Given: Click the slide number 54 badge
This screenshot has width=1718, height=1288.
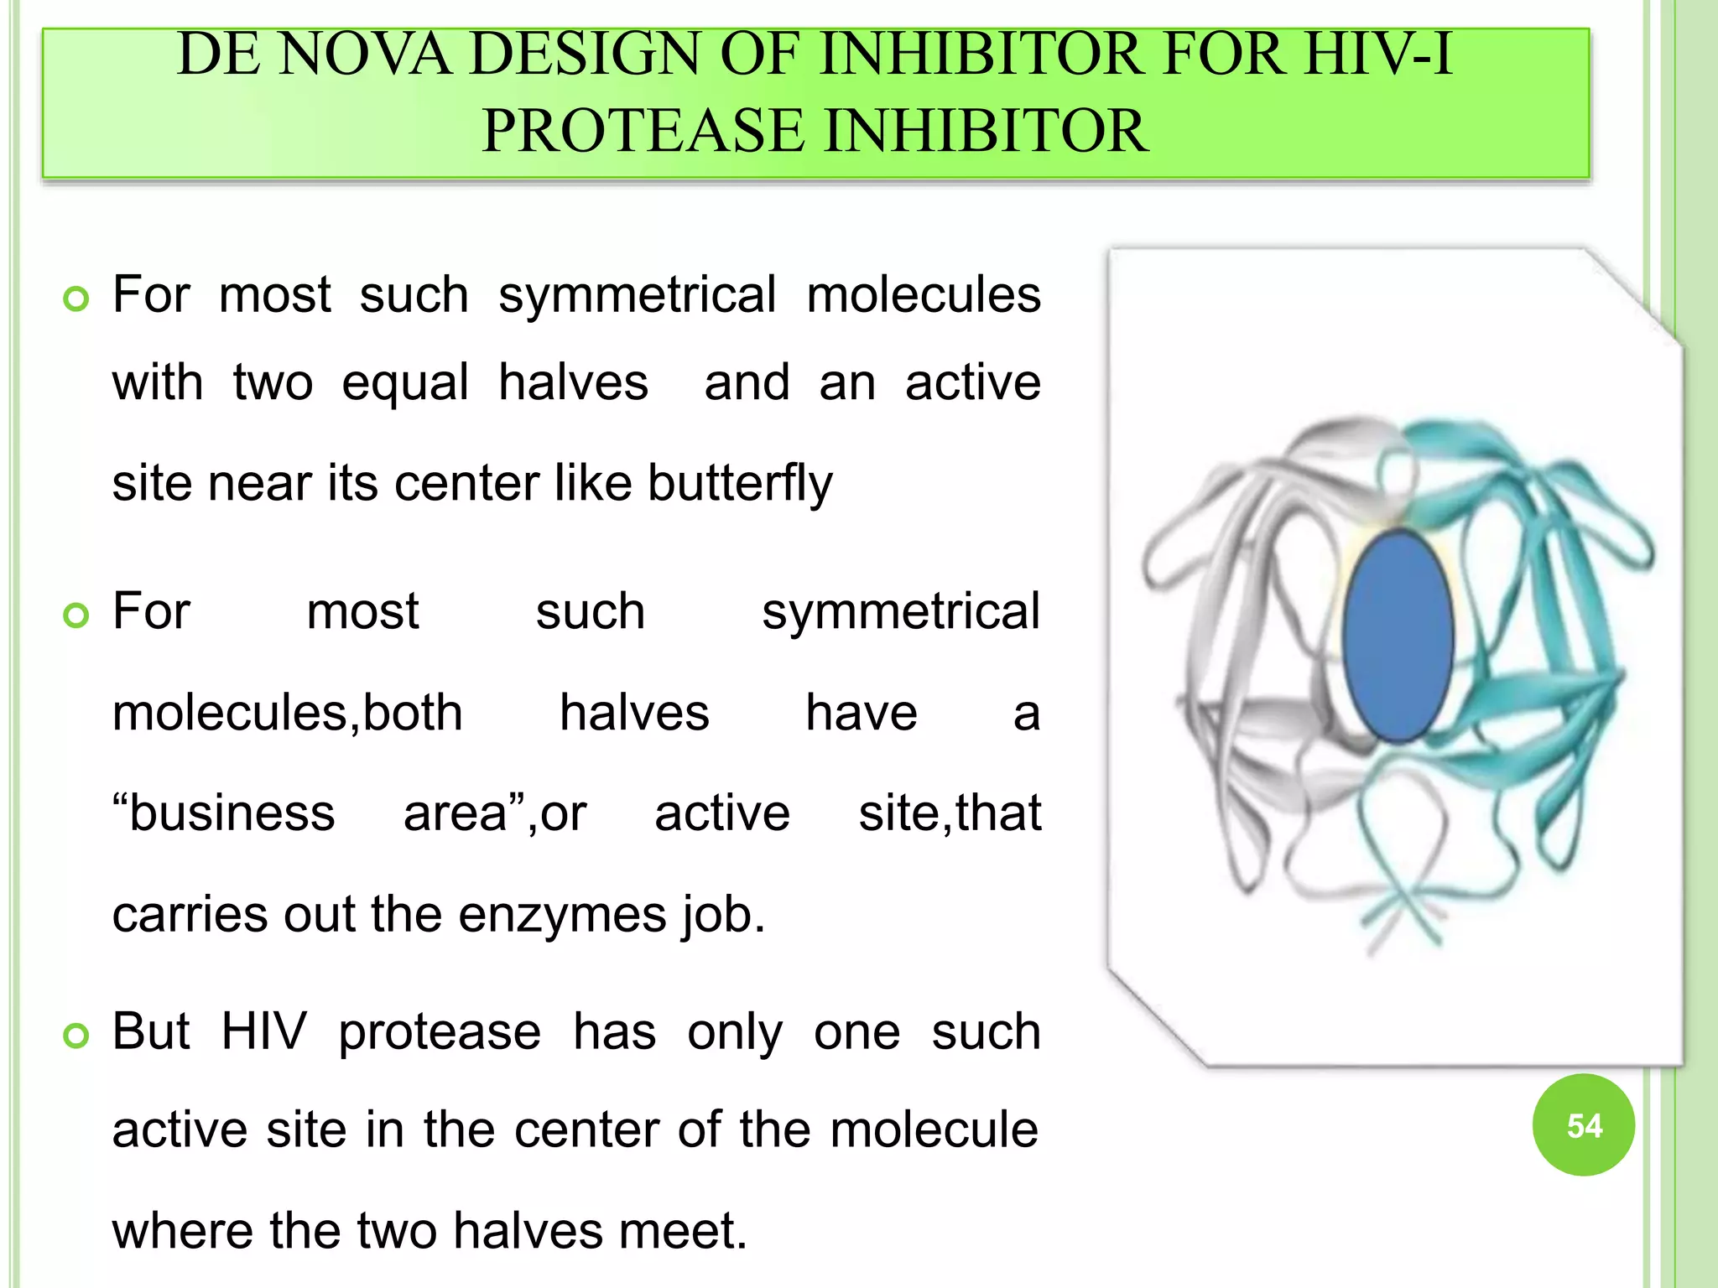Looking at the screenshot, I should click(x=1583, y=1125).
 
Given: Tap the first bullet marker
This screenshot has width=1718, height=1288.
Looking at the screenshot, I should click(x=76, y=299).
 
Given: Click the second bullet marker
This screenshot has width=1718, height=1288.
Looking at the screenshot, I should click(x=76, y=615).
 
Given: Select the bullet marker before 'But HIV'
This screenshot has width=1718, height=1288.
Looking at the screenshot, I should click(x=76, y=1036).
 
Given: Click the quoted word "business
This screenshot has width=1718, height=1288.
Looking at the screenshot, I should click(x=224, y=813).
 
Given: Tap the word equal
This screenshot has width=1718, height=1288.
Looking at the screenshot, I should click(x=405, y=383).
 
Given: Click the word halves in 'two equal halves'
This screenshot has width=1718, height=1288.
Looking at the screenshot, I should click(x=573, y=383).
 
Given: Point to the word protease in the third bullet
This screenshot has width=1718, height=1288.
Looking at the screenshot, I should click(x=440, y=1033).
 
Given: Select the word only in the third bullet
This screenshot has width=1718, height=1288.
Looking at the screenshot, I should click(x=735, y=1033).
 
